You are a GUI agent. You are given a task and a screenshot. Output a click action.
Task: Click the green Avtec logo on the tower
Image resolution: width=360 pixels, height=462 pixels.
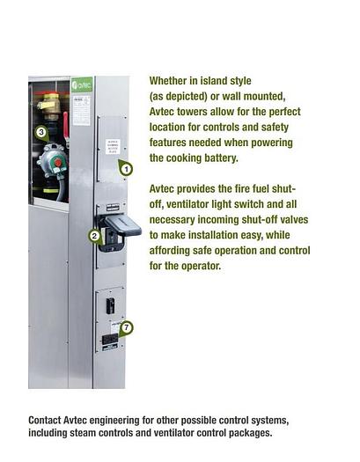tap(81, 85)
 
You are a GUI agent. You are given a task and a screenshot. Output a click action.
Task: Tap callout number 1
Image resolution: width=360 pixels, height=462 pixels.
tap(126, 169)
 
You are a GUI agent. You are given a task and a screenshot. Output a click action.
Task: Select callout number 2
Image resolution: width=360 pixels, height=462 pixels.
tap(94, 236)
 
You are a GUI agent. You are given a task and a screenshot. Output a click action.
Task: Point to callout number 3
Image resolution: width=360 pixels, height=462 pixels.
tap(40, 132)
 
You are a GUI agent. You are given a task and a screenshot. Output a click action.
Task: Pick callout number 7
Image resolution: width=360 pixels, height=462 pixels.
tap(127, 327)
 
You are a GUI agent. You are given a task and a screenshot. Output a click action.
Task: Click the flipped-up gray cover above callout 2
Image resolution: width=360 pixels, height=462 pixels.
tap(121, 225)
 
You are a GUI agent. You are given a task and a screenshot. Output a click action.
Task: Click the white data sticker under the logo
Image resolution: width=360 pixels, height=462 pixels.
tap(81, 110)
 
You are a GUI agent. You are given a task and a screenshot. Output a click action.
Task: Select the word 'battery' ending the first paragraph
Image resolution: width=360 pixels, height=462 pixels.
tap(217, 158)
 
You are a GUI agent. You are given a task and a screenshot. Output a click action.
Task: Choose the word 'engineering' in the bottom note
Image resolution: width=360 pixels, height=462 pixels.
tap(132, 420)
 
